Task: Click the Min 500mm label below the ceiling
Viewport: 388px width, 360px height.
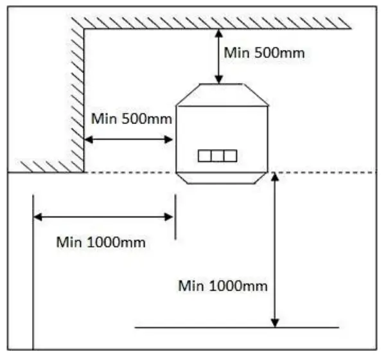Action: click(x=264, y=53)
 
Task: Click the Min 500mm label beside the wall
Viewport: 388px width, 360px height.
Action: click(x=132, y=119)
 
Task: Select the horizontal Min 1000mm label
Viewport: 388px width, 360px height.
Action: click(x=100, y=242)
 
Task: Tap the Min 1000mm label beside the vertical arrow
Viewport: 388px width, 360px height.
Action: click(x=223, y=285)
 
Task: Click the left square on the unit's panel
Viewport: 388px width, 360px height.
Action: click(x=204, y=156)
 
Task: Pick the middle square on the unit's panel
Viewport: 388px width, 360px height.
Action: click(x=217, y=156)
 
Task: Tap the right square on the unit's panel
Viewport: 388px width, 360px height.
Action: click(x=230, y=156)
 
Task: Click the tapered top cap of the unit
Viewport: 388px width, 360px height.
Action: click(x=222, y=95)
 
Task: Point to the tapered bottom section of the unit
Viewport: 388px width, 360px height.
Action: click(x=222, y=177)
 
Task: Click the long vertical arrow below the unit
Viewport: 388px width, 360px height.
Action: click(x=275, y=251)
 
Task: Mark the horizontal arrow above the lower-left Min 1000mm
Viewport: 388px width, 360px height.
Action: click(x=103, y=217)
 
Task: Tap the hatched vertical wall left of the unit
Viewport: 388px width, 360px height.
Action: click(x=78, y=96)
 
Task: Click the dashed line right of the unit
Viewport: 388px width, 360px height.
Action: click(x=321, y=172)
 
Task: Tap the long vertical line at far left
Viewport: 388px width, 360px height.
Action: click(x=33, y=270)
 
